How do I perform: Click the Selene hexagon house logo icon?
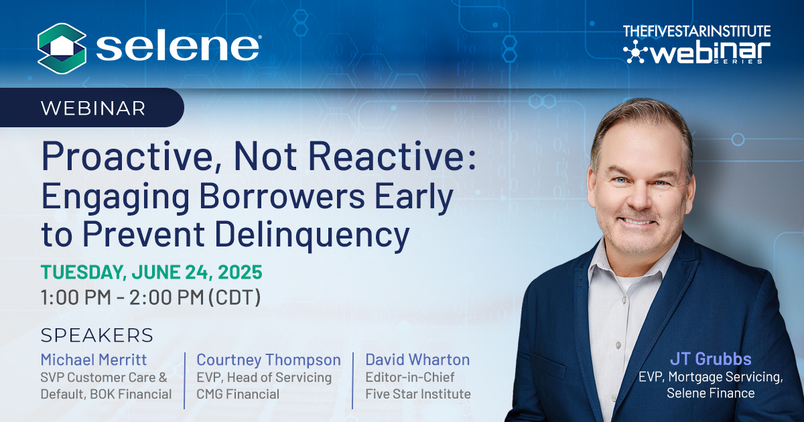click(x=62, y=48)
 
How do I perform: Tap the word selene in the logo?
click(x=178, y=48)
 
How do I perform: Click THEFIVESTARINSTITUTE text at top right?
click(x=697, y=31)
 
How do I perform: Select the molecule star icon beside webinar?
click(x=635, y=52)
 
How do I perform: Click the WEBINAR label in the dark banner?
click(x=93, y=109)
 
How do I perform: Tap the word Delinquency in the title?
click(x=312, y=235)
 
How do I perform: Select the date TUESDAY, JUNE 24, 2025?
click(x=151, y=272)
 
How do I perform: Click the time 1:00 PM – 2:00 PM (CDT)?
click(x=151, y=297)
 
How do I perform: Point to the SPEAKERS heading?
click(x=97, y=336)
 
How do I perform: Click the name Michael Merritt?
click(x=94, y=360)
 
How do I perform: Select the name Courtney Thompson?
click(x=269, y=360)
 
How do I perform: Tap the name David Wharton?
click(x=417, y=360)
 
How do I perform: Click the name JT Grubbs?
click(x=711, y=359)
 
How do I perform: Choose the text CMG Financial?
click(x=238, y=394)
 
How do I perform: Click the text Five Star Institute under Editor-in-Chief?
click(x=418, y=394)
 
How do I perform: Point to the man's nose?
click(x=640, y=199)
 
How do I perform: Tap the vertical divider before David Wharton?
click(x=352, y=380)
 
